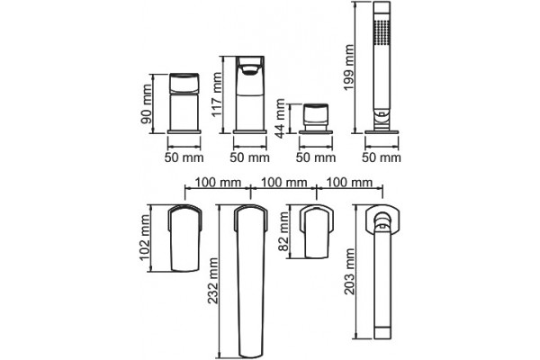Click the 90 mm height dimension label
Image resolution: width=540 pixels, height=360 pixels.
coord(147,104)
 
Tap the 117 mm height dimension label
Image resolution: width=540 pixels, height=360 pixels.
coord(217,94)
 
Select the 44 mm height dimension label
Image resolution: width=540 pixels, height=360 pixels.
coord(281,119)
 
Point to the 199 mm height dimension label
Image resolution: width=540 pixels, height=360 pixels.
coord(349,67)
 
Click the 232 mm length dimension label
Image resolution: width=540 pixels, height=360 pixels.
coord(213,281)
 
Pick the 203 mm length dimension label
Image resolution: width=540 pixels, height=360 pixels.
coord(349,272)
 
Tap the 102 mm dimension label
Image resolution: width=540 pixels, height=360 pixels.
coord(145,238)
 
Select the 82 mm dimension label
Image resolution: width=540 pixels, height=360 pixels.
coord(283,232)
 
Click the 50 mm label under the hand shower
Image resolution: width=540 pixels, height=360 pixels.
coord(382,157)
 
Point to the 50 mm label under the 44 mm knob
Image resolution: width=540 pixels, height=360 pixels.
coord(316,157)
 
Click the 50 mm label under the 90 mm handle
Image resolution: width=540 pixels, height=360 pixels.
coord(184,157)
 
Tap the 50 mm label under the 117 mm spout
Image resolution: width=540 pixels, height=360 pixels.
coord(249,157)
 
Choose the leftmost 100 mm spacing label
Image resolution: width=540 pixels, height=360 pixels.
coord(219,182)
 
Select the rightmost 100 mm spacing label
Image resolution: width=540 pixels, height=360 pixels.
coord(349,182)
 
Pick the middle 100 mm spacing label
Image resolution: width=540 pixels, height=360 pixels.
coord(283,182)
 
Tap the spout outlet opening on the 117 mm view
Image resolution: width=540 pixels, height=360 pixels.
coord(250,70)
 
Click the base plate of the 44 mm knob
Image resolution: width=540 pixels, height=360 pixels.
coord(316,131)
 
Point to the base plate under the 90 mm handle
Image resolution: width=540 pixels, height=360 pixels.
coord(184,131)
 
